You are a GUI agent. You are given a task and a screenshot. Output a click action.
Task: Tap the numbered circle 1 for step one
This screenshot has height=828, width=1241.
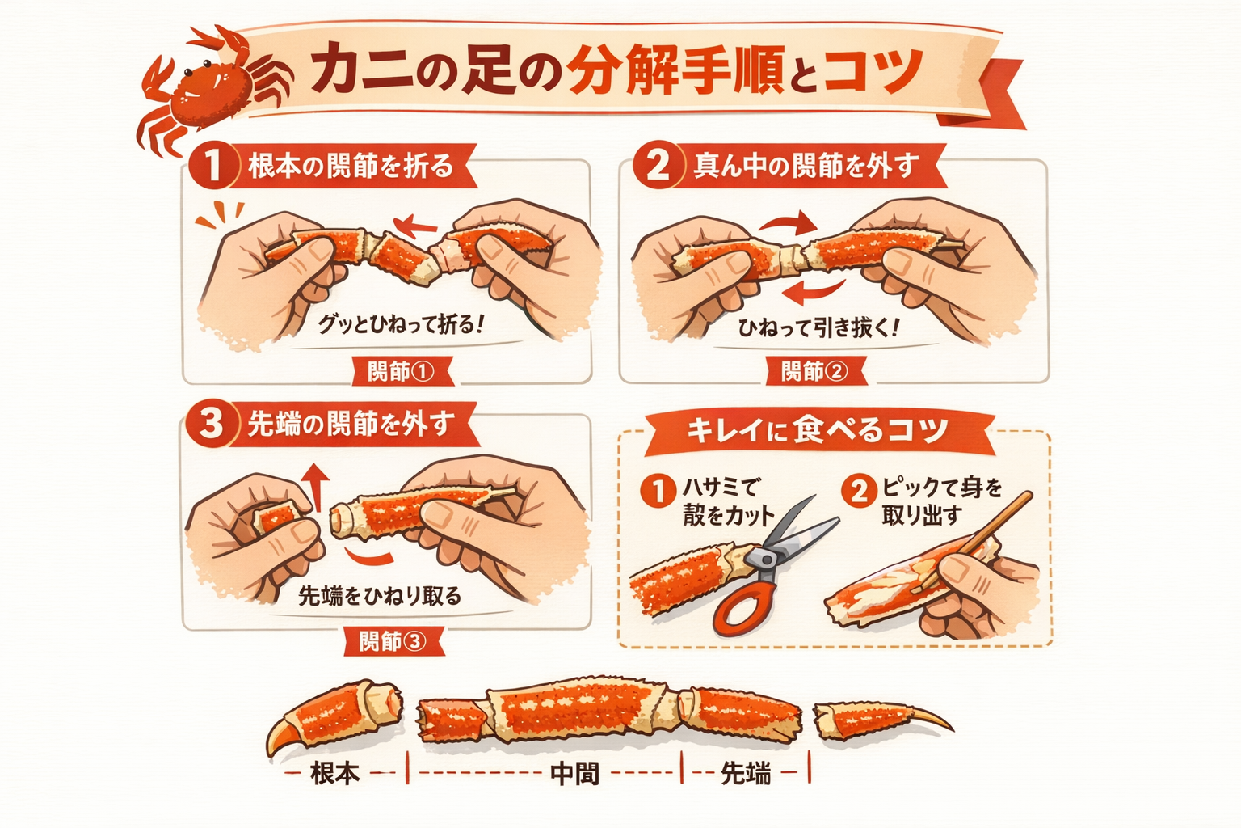(x=212, y=166)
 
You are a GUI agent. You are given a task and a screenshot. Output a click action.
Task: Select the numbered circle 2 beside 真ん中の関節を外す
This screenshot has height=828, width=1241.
(x=657, y=166)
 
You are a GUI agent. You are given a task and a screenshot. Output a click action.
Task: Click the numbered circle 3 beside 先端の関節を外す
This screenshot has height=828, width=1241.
(x=211, y=425)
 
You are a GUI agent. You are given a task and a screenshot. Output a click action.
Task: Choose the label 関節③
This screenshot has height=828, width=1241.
(x=393, y=641)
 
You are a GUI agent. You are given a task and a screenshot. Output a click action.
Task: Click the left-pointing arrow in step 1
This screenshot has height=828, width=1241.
(x=415, y=225)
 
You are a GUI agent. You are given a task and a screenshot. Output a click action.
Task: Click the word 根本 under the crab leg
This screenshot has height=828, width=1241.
(x=335, y=772)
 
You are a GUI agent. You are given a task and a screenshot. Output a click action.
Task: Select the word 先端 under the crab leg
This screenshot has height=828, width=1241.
(x=746, y=773)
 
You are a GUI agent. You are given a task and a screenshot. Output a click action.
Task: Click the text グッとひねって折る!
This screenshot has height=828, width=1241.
(x=401, y=324)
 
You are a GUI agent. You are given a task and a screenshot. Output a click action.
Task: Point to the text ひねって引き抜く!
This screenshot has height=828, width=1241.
(x=818, y=327)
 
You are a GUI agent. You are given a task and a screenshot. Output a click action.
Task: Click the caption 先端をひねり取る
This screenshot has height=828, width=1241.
(x=380, y=596)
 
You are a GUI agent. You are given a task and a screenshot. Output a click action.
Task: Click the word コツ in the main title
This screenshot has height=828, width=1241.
(x=873, y=71)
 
